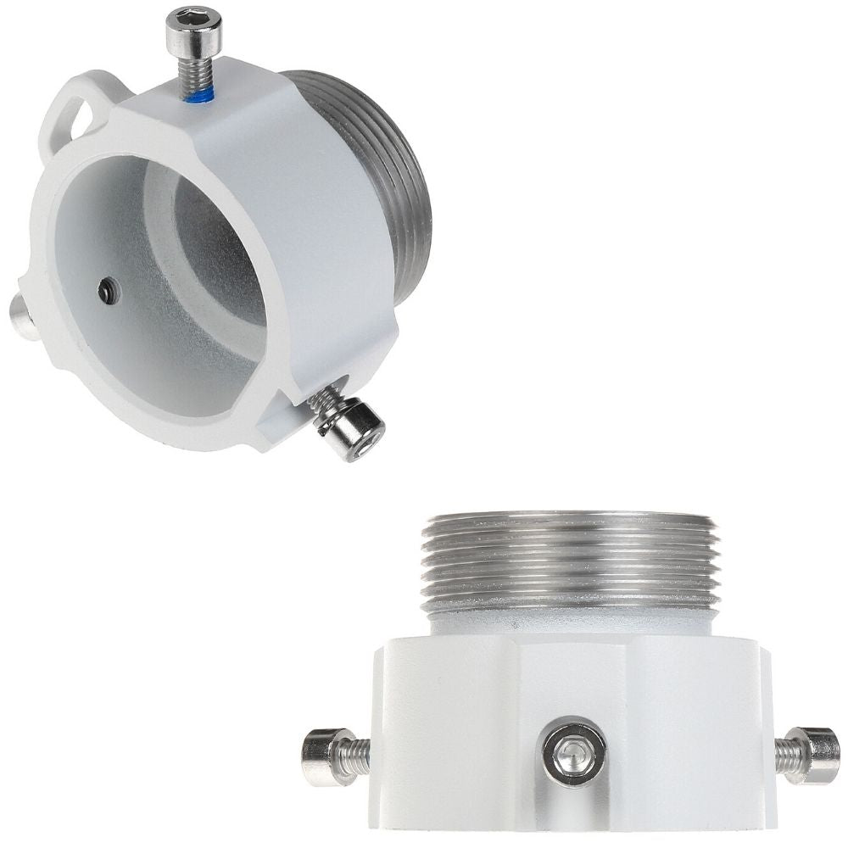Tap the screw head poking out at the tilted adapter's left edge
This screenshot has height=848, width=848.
[22, 318]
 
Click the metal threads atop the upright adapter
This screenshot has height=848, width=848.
[569, 560]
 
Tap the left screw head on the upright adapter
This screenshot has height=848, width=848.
[323, 756]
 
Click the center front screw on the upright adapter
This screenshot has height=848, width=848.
[574, 753]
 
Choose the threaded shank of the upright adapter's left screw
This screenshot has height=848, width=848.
[356, 755]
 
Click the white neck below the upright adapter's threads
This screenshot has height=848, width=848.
[569, 623]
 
